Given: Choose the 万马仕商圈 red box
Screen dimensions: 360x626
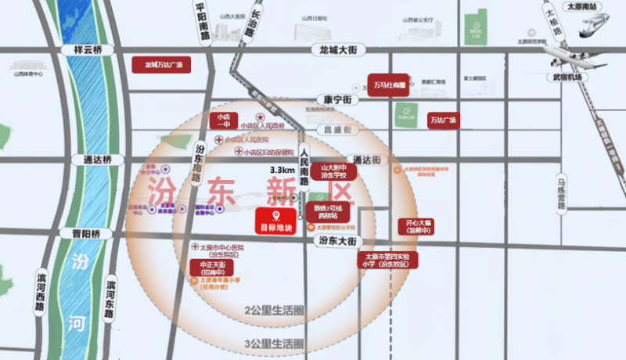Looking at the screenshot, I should click(390, 84).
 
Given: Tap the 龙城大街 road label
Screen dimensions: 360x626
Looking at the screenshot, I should click(338, 49).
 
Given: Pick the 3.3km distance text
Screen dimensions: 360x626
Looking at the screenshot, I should click(282, 170).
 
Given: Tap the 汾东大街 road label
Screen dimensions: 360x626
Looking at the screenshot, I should click(337, 240).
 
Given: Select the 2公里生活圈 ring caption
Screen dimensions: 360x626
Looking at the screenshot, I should click(274, 311).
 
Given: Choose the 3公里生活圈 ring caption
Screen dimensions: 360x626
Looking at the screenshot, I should click(274, 343).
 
